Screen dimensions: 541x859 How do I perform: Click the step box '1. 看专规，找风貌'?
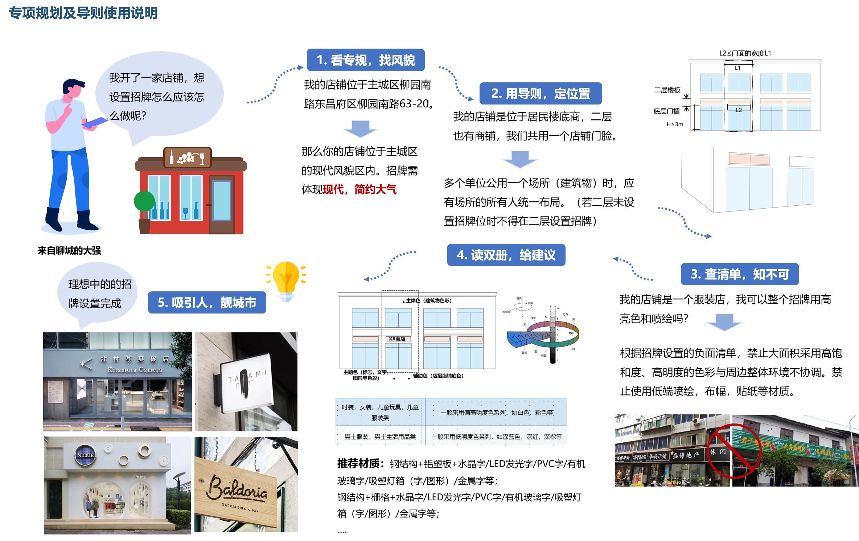366,60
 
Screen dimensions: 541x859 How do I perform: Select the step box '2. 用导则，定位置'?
541,94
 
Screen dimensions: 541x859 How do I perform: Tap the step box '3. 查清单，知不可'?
740,274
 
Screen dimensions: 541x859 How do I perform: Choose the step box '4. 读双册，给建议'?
506,255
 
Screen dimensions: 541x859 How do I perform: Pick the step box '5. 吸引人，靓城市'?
207,303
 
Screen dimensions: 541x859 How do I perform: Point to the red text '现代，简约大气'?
359,189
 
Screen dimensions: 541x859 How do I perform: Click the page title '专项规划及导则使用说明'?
83,13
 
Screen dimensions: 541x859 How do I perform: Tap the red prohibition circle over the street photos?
733,451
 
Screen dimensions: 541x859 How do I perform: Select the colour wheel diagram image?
542,330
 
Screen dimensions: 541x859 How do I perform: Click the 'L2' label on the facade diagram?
739,110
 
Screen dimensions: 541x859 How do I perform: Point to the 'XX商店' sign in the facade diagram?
397,339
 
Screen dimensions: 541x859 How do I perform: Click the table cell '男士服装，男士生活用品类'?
380,437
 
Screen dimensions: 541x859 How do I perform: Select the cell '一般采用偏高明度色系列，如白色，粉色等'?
496,413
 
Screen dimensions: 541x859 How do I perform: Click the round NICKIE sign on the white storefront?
86,455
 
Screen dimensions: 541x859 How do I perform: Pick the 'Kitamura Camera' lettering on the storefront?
135,370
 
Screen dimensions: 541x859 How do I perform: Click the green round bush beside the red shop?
144,201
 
